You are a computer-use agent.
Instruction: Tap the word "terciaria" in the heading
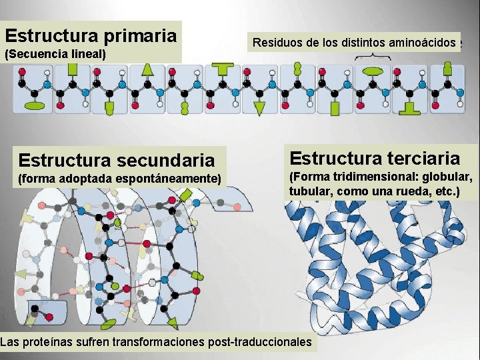[421, 158]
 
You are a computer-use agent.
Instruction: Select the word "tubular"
[311, 191]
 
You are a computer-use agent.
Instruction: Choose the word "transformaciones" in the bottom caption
[161, 342]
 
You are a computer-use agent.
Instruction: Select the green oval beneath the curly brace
[373, 71]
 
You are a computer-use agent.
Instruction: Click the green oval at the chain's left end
[34, 106]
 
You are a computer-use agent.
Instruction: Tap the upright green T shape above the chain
[222, 67]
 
